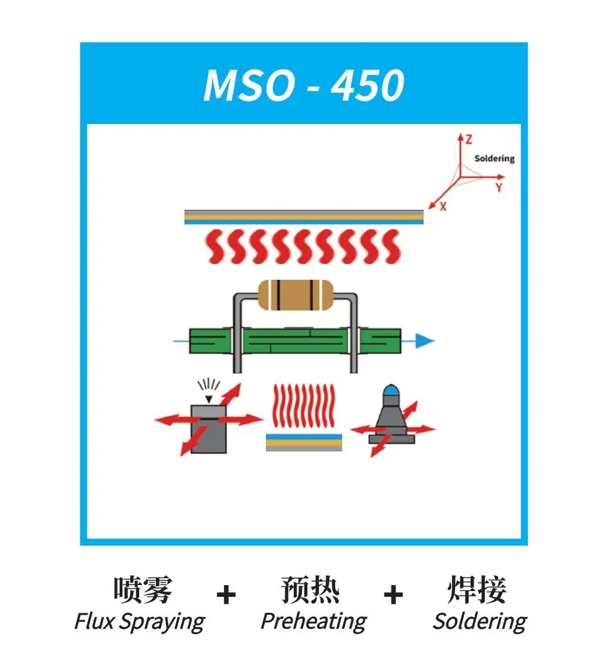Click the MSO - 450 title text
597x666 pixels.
point(304,84)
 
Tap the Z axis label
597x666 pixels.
point(468,140)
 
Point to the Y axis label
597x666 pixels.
point(499,187)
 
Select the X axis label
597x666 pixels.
point(443,207)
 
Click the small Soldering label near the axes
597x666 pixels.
point(494,159)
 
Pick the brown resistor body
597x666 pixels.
point(296,295)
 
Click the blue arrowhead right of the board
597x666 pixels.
point(424,341)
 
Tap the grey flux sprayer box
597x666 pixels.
point(208,429)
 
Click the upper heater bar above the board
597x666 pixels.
point(304,217)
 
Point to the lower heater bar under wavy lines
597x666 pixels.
point(304,442)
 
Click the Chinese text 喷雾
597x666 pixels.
point(143,589)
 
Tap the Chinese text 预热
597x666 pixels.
point(310,589)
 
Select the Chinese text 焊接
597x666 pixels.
point(477,589)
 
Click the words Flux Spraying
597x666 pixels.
point(140,622)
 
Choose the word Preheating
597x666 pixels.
point(314,622)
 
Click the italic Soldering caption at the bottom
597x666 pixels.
point(480,622)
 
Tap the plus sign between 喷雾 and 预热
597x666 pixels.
point(226,594)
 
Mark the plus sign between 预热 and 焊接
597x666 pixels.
point(393,594)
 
